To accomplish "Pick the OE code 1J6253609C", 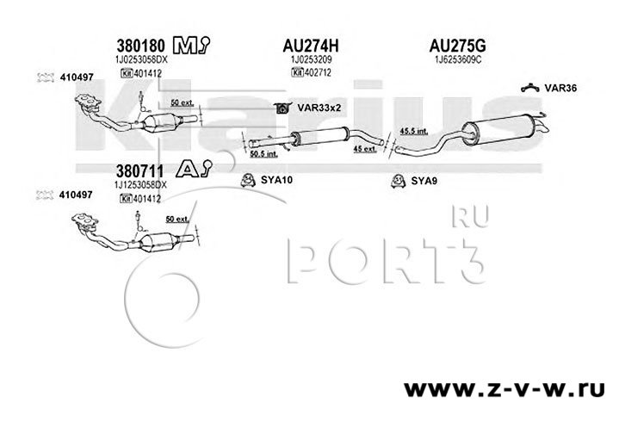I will tap(455, 61).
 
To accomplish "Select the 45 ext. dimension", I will tap(366, 148).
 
